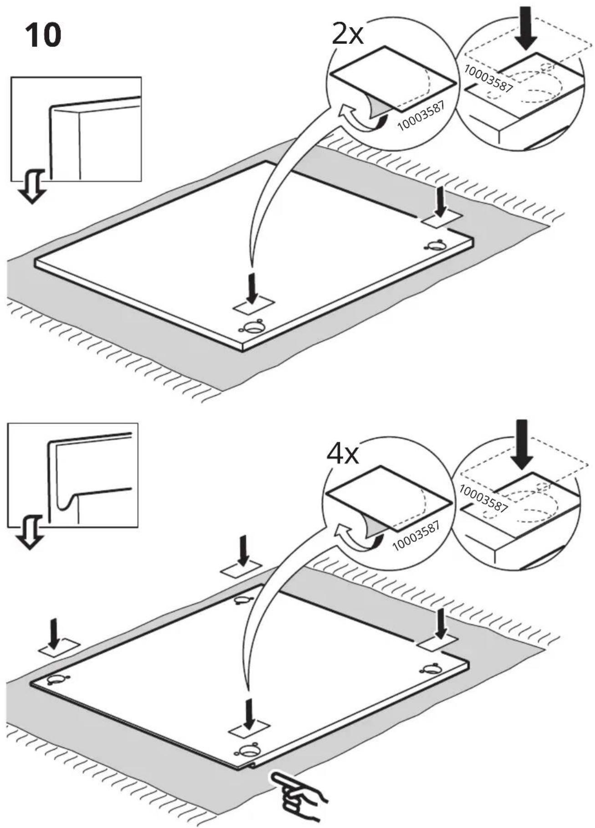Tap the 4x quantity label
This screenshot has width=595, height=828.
click(342, 453)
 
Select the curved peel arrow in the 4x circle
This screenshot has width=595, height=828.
click(357, 537)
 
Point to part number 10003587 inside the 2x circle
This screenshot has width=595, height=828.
click(421, 115)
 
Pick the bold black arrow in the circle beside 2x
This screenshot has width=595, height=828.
click(526, 27)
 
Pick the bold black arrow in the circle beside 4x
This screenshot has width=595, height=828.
click(522, 444)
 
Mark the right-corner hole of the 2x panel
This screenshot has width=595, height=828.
click(435, 246)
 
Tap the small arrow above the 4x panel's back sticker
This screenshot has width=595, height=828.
click(243, 550)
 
